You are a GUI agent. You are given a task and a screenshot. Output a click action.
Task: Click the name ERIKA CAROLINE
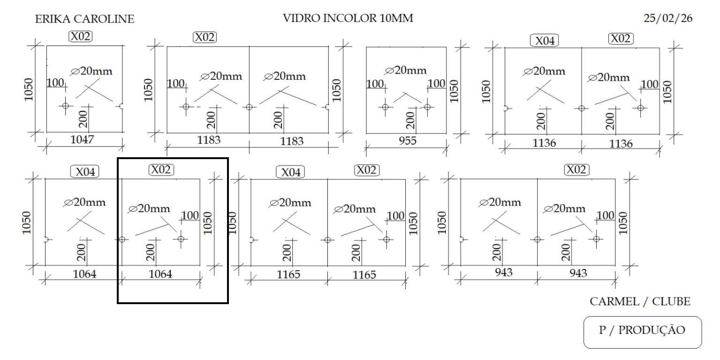(84, 19)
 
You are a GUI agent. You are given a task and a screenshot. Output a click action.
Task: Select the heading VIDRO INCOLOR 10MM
(348, 19)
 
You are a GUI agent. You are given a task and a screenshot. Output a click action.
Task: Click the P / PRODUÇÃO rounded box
(642, 330)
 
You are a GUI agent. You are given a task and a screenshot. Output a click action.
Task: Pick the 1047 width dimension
(82, 139)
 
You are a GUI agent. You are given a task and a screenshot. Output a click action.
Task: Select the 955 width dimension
(407, 141)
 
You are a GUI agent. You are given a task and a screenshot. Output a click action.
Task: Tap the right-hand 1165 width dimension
(364, 275)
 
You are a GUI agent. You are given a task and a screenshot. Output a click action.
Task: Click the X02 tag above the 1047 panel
(81, 36)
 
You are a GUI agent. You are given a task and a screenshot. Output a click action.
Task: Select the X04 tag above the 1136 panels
(545, 41)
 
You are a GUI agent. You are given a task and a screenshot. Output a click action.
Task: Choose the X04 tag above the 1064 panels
(85, 172)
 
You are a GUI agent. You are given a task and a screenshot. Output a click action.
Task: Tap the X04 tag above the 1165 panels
(290, 172)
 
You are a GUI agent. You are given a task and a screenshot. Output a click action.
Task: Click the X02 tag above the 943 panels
(576, 169)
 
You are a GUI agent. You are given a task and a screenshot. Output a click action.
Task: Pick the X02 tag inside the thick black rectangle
(161, 169)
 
